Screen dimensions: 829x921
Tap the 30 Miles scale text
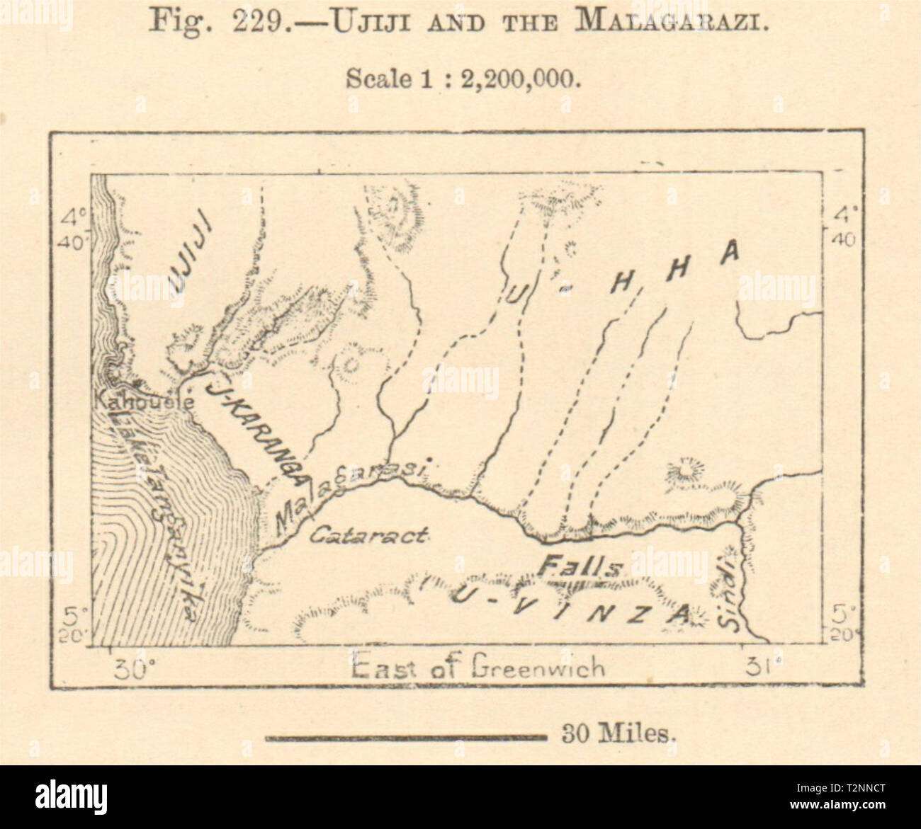pyautogui.click(x=615, y=735)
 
